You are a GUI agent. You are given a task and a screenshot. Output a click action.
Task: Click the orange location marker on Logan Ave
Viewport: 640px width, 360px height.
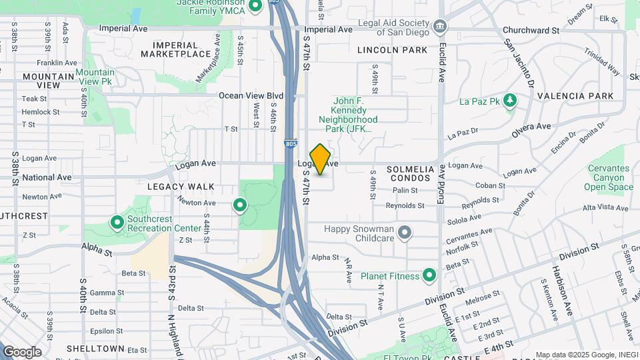tap(320, 159)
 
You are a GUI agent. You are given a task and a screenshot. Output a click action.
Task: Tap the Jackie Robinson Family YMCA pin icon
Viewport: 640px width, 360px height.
tap(254, 7)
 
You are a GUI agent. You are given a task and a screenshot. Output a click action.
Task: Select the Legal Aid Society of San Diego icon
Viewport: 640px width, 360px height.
tap(440, 27)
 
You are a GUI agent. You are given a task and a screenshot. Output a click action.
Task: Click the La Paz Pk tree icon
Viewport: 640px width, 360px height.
tap(511, 101)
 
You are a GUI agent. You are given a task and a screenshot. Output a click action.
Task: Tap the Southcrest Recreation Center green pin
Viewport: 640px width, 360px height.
tap(117, 221)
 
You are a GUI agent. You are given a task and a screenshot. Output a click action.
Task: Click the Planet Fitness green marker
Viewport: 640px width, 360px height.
tap(429, 275)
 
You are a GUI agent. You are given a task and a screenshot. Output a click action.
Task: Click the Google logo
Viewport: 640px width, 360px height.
tap(22, 351)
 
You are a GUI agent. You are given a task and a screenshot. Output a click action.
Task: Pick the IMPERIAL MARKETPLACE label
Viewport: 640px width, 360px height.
tap(176, 49)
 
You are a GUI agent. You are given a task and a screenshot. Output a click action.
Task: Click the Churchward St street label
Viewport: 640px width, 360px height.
tap(531, 31)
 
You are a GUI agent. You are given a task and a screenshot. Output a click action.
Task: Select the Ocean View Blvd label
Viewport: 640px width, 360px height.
tap(251, 95)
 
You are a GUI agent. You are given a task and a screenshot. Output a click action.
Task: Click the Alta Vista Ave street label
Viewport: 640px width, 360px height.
tap(606, 207)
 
